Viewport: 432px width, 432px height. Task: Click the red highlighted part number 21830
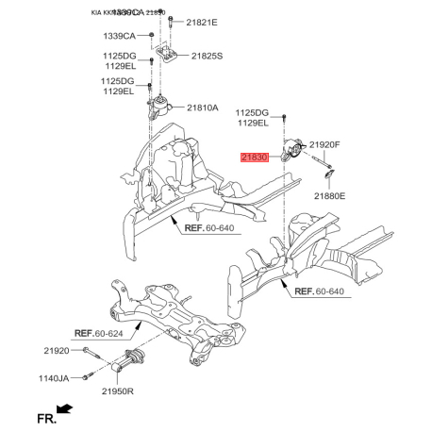[256, 158]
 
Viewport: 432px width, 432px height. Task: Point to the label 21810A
[202, 108]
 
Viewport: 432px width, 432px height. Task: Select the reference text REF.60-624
[104, 333]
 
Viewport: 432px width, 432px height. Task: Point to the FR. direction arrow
[65, 409]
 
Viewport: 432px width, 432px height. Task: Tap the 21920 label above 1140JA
[56, 350]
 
